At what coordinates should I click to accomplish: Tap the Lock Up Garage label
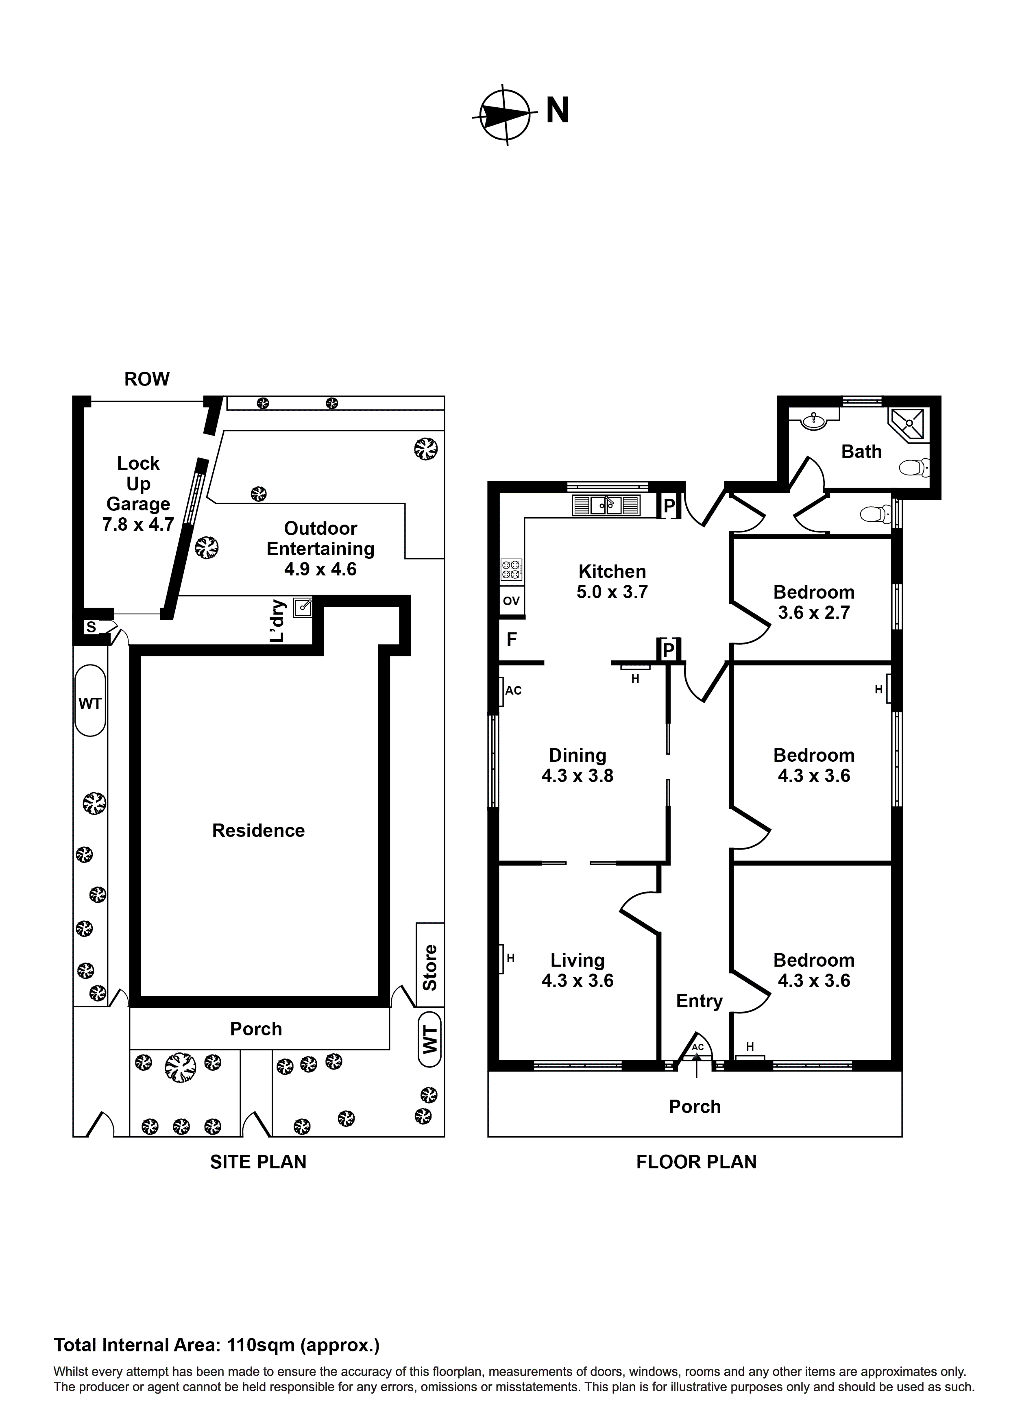[x=138, y=493]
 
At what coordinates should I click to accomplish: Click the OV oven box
[x=512, y=601]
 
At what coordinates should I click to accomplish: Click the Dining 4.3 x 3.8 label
[x=577, y=765]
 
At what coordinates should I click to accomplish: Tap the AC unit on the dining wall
[x=502, y=691]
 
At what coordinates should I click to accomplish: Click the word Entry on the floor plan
[x=699, y=1001]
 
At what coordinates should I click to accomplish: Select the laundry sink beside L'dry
[x=303, y=607]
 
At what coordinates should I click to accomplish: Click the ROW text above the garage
[x=147, y=379]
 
